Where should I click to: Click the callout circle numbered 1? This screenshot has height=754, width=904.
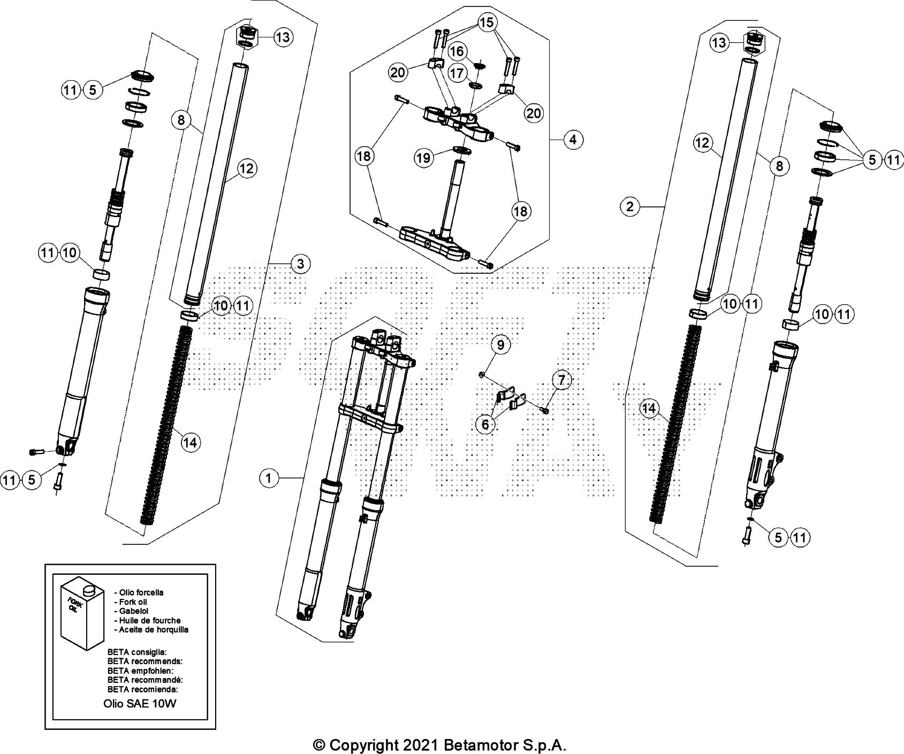(269, 478)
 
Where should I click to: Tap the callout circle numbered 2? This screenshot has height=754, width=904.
(630, 206)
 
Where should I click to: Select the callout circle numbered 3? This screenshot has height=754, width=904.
(300, 264)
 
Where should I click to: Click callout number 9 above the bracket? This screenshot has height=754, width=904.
(500, 345)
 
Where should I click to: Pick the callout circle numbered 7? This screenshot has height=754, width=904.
(561, 381)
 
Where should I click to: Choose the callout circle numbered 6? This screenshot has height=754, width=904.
(485, 424)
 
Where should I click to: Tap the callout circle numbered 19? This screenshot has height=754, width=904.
(424, 158)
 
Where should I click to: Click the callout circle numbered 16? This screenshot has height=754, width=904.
(457, 51)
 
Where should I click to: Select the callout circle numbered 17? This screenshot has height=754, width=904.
(457, 73)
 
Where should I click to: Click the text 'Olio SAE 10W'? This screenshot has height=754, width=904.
(140, 704)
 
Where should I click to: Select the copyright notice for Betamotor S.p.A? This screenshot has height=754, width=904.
(439, 745)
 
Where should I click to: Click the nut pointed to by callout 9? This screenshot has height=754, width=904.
(482, 373)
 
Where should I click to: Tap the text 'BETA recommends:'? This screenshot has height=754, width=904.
(145, 661)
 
